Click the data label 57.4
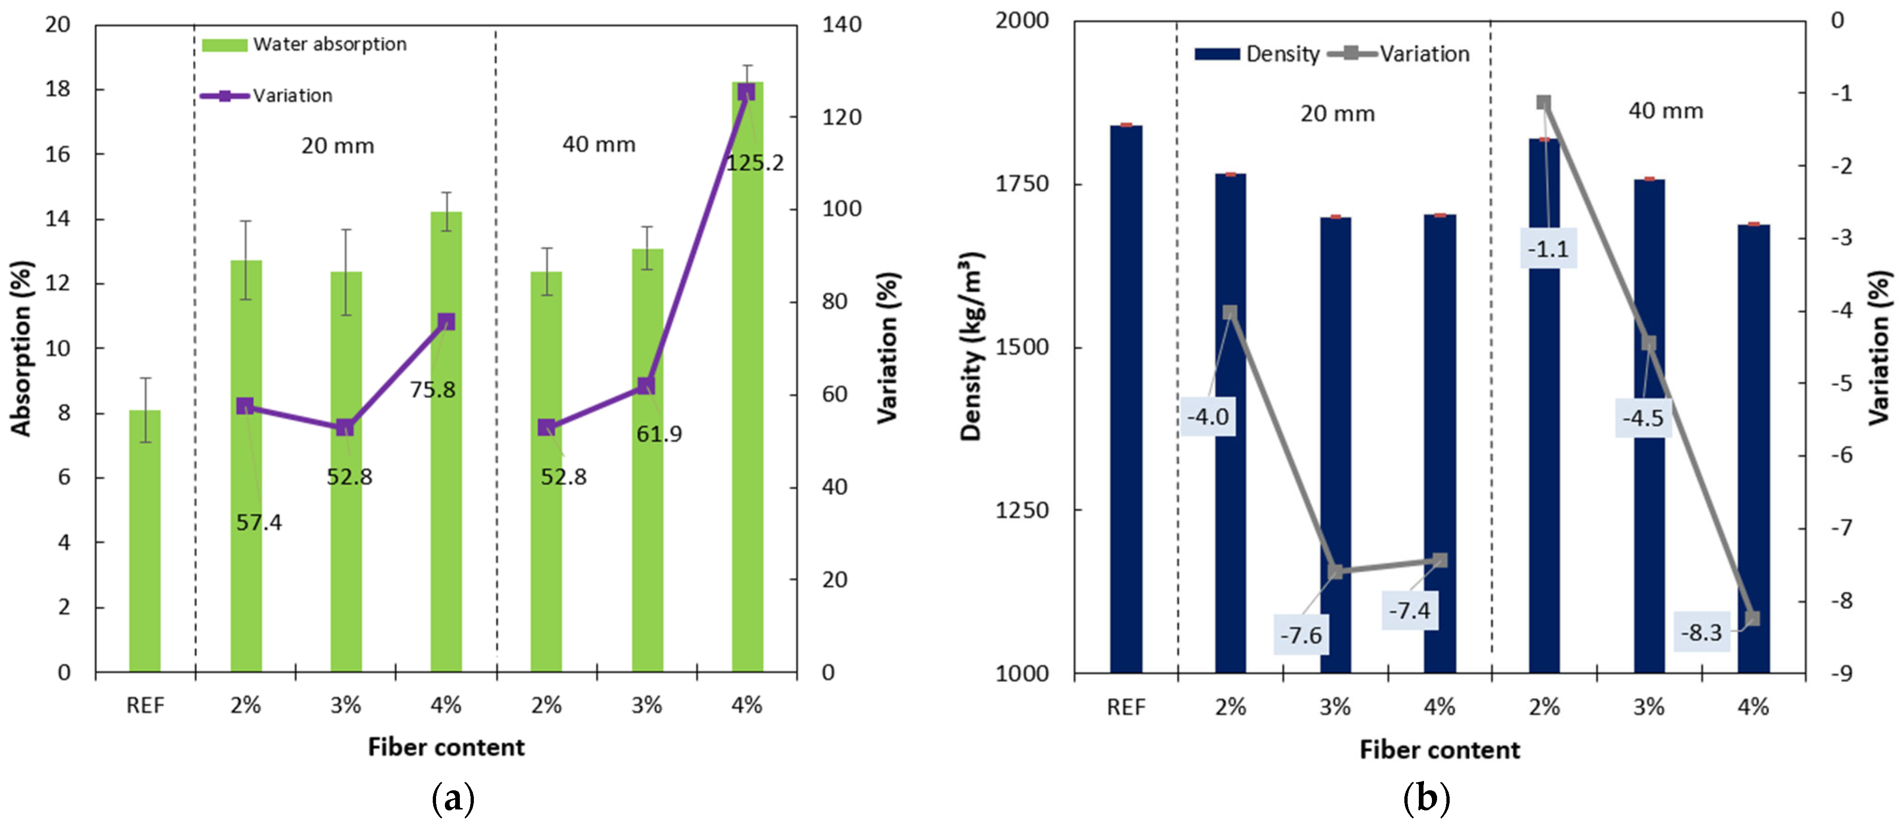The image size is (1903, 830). [x=258, y=523]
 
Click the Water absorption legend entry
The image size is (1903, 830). [x=304, y=44]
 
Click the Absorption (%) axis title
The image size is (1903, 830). [x=21, y=348]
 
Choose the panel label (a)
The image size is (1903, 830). [x=452, y=800]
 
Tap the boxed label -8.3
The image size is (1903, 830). [x=1701, y=633]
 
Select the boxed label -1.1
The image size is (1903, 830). [x=1548, y=249]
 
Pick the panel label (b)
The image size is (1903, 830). [x=1426, y=800]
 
